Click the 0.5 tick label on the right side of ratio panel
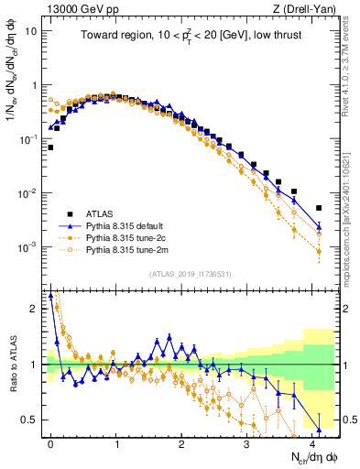349,420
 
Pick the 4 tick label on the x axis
313,442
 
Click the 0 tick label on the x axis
50,442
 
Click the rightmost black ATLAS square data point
319,208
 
